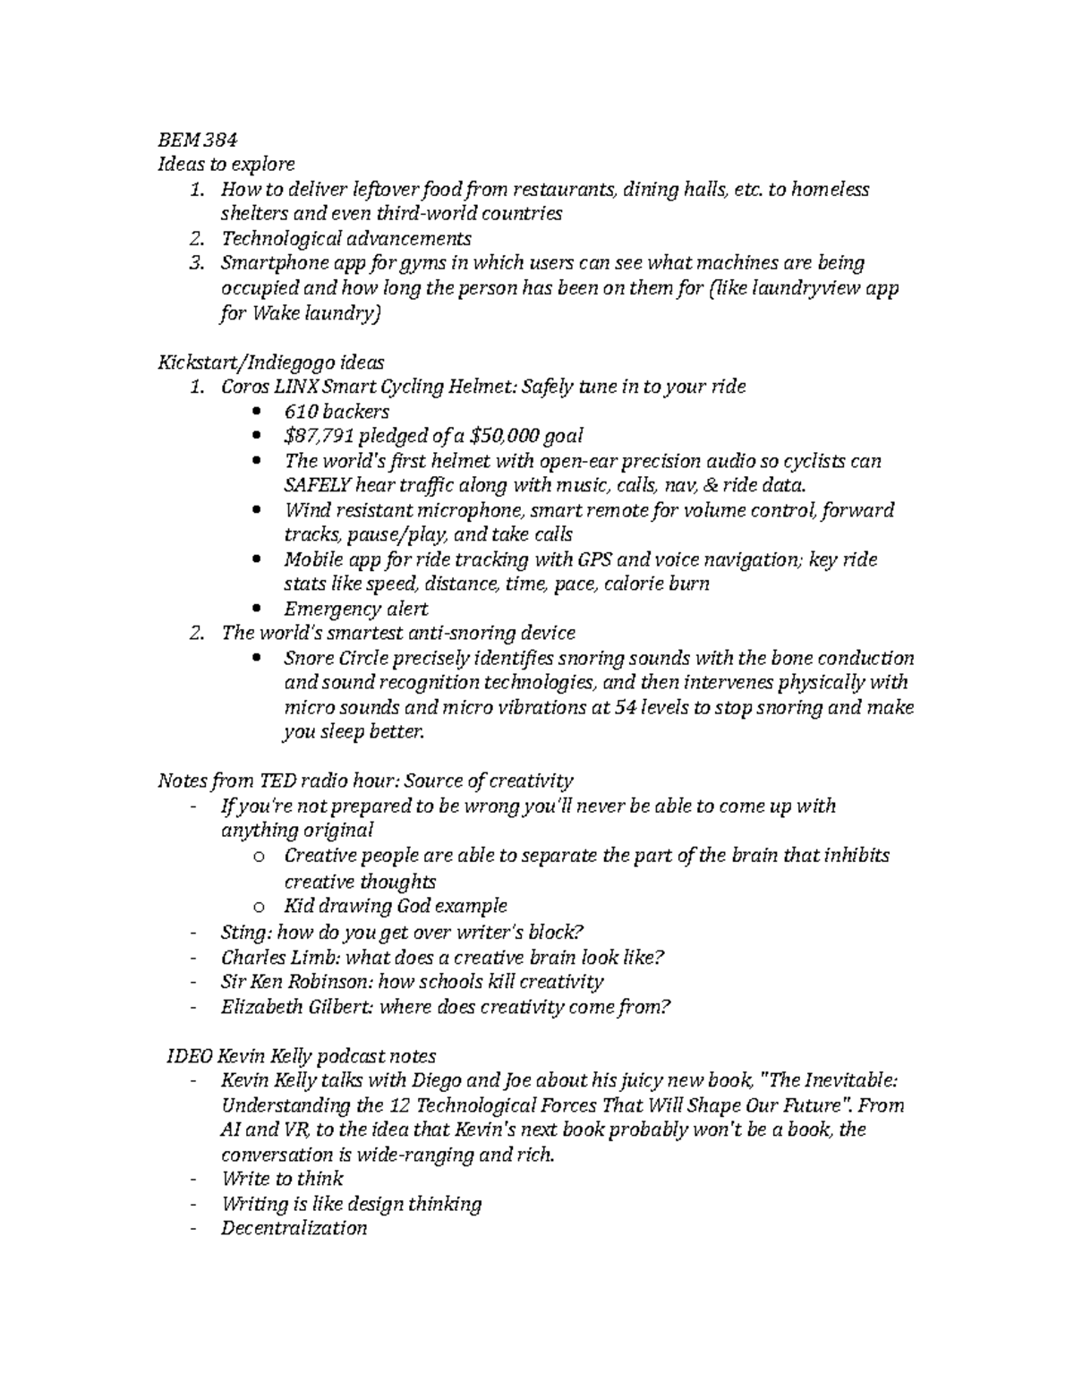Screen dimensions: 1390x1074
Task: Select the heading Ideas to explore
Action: [x=226, y=164]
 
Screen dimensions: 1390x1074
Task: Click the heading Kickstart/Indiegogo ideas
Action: [x=270, y=362]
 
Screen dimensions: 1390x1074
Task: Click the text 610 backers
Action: [x=337, y=412]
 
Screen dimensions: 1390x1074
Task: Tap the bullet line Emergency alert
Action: [x=355, y=609]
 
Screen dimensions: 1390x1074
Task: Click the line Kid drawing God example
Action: [x=395, y=906]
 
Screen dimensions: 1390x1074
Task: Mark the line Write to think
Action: [x=282, y=1179]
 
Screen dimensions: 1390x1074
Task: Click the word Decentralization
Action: [x=294, y=1228]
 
